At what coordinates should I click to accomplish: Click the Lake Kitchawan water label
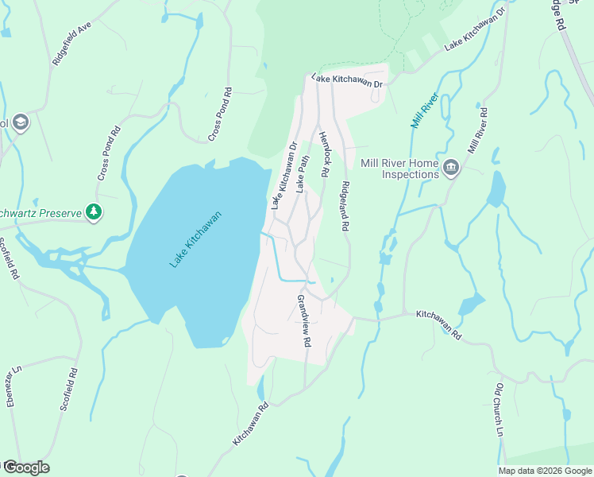(195, 238)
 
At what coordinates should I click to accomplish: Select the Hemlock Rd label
(324, 153)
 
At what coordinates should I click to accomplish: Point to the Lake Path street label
(303, 174)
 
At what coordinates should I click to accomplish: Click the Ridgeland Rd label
(345, 205)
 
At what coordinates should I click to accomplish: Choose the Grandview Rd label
(303, 321)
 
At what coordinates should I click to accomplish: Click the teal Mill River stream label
(425, 110)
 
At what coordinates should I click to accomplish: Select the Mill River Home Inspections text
(399, 169)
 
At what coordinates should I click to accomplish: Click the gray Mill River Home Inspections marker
(452, 167)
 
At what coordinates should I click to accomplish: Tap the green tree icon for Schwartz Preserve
(94, 211)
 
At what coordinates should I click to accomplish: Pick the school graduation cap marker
(21, 122)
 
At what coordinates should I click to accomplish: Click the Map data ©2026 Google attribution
(545, 471)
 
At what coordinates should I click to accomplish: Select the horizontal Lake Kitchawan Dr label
(347, 80)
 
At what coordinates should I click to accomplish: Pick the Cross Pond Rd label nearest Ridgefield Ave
(221, 114)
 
